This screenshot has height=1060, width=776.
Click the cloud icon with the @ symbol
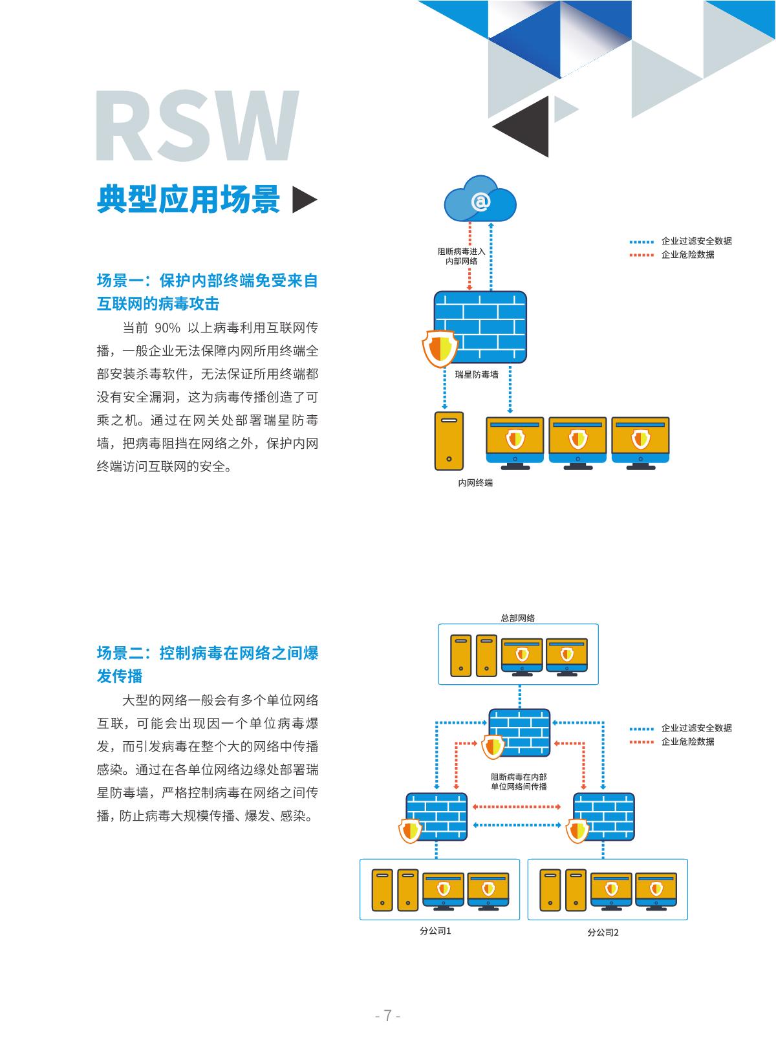tap(480, 200)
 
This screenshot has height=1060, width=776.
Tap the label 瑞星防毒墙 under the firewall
tap(477, 374)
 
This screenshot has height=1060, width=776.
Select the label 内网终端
tap(475, 482)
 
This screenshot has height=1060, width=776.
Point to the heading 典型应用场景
tap(188, 199)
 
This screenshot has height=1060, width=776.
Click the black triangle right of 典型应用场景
tap(304, 200)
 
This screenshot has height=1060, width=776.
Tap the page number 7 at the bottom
tap(388, 1015)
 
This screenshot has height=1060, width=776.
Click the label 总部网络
tap(518, 618)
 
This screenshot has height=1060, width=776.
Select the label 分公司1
tap(435, 931)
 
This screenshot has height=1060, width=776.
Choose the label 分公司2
tap(603, 933)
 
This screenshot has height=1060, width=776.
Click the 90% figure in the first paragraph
tap(162, 327)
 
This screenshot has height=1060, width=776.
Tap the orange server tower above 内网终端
tap(449, 440)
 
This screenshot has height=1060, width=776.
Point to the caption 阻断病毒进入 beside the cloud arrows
tap(461, 251)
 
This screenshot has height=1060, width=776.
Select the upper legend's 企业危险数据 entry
tap(687, 255)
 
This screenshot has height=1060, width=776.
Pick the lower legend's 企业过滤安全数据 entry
tap(696, 728)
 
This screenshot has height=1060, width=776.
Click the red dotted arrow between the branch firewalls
tap(517, 806)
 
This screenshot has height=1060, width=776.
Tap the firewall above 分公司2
tap(604, 817)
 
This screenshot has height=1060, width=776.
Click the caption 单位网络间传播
tap(519, 786)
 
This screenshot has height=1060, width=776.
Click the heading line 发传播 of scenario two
tap(120, 676)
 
